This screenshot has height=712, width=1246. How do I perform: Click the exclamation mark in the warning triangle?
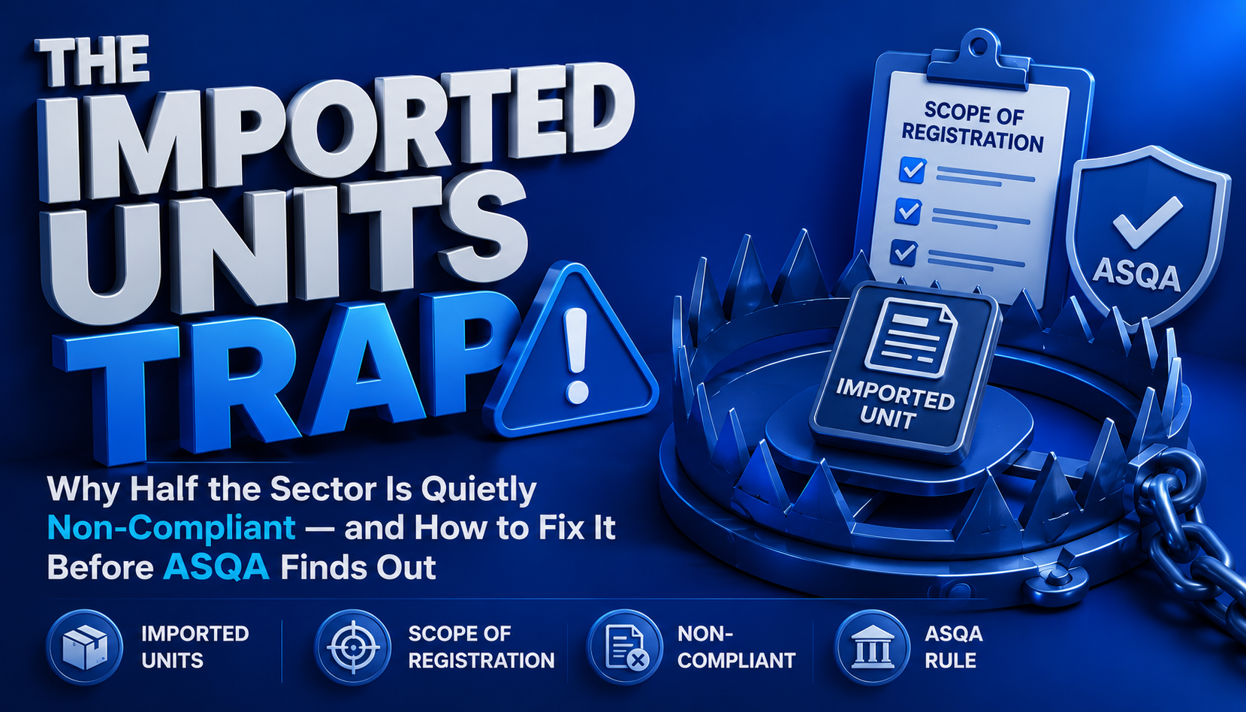point(576,357)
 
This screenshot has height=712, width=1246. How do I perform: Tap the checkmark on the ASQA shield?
point(1147,222)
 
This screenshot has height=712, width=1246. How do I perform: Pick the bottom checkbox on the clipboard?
point(904,252)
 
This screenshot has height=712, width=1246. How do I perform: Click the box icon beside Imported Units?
point(85,647)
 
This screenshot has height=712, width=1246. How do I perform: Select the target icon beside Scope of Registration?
point(353,647)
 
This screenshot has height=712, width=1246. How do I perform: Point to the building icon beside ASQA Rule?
point(872,647)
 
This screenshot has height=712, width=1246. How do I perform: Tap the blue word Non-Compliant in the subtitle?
point(171,528)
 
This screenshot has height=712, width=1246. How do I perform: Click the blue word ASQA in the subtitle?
point(216,567)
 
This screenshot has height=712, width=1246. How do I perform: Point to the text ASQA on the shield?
point(1136,276)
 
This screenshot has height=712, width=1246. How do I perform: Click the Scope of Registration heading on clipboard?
point(973,126)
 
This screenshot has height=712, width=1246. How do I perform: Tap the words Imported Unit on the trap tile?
point(891,404)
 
